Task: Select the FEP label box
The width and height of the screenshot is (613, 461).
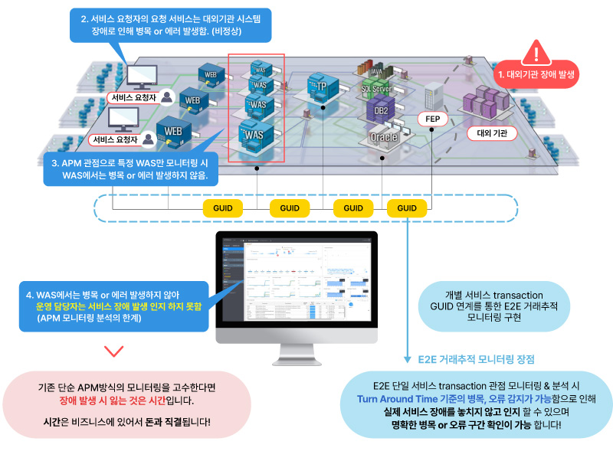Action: pos(432,119)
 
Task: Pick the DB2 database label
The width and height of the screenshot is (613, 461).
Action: pos(380,111)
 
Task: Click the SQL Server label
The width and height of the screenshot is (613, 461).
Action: pos(376,89)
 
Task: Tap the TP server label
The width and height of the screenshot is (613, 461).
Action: pos(322,87)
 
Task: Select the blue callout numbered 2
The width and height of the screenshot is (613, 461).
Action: pos(170,25)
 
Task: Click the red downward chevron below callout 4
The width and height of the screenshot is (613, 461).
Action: pos(113,351)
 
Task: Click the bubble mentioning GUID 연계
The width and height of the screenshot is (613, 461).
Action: pos(493,306)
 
